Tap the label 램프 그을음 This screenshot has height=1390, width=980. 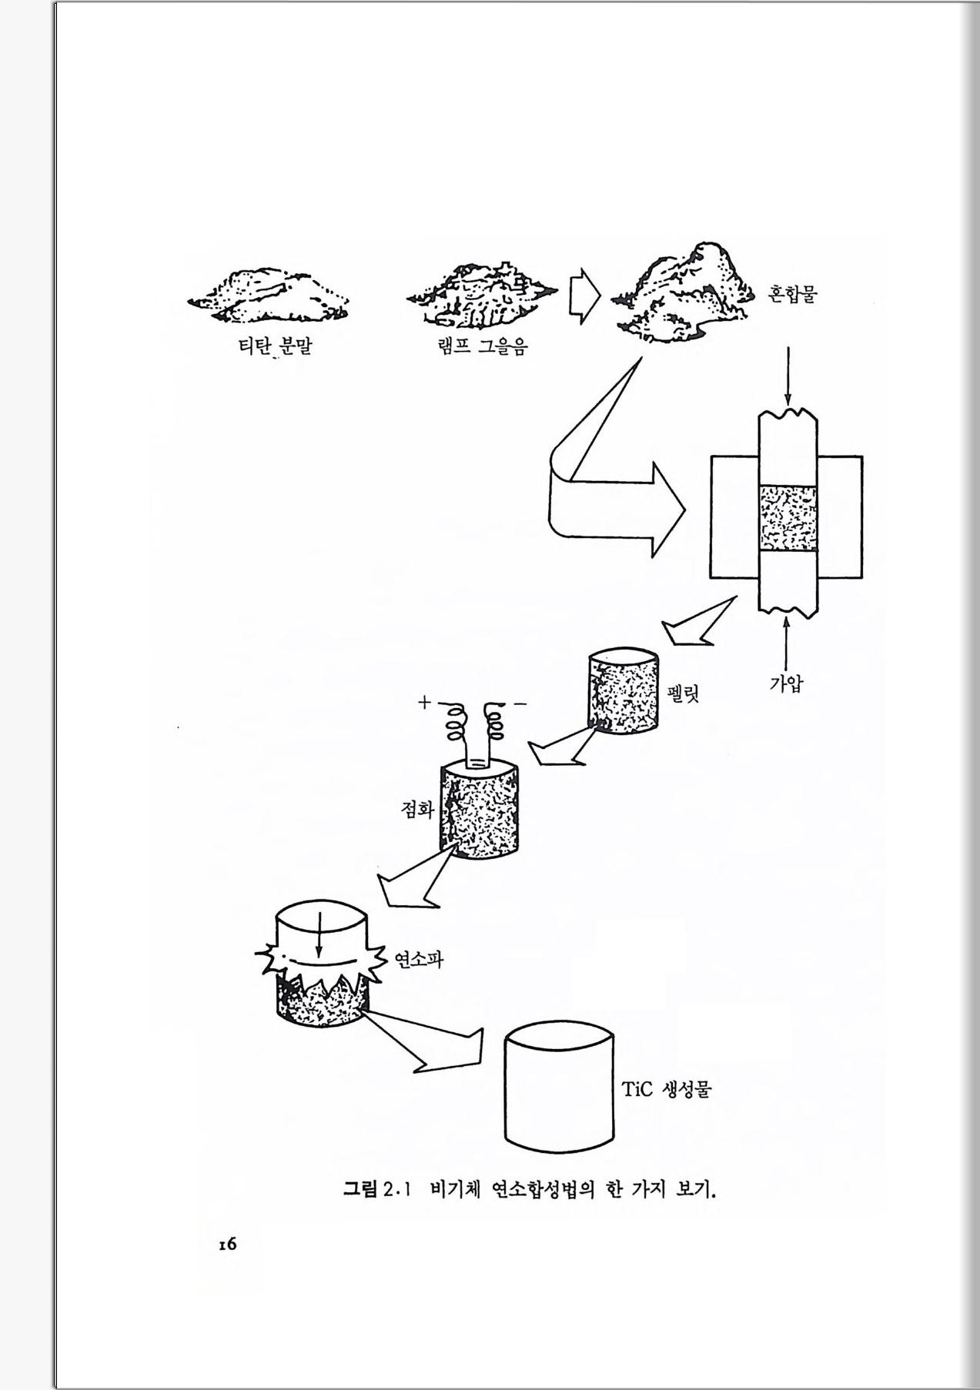pos(482,347)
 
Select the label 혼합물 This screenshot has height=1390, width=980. pos(791,294)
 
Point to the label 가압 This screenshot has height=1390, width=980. pos(786,683)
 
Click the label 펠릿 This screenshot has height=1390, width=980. pos(683,695)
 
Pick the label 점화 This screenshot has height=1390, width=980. pos(417,809)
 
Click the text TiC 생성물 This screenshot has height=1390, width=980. pos(666,1089)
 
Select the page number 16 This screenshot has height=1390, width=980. pos(226,1245)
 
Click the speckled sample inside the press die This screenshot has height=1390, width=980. pos(788,517)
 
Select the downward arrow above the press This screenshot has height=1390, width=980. pos(788,376)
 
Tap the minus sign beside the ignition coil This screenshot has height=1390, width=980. pos(520,703)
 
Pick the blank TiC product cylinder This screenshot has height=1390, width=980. pos(560,1087)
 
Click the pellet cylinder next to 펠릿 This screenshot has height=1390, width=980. pos(624,691)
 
